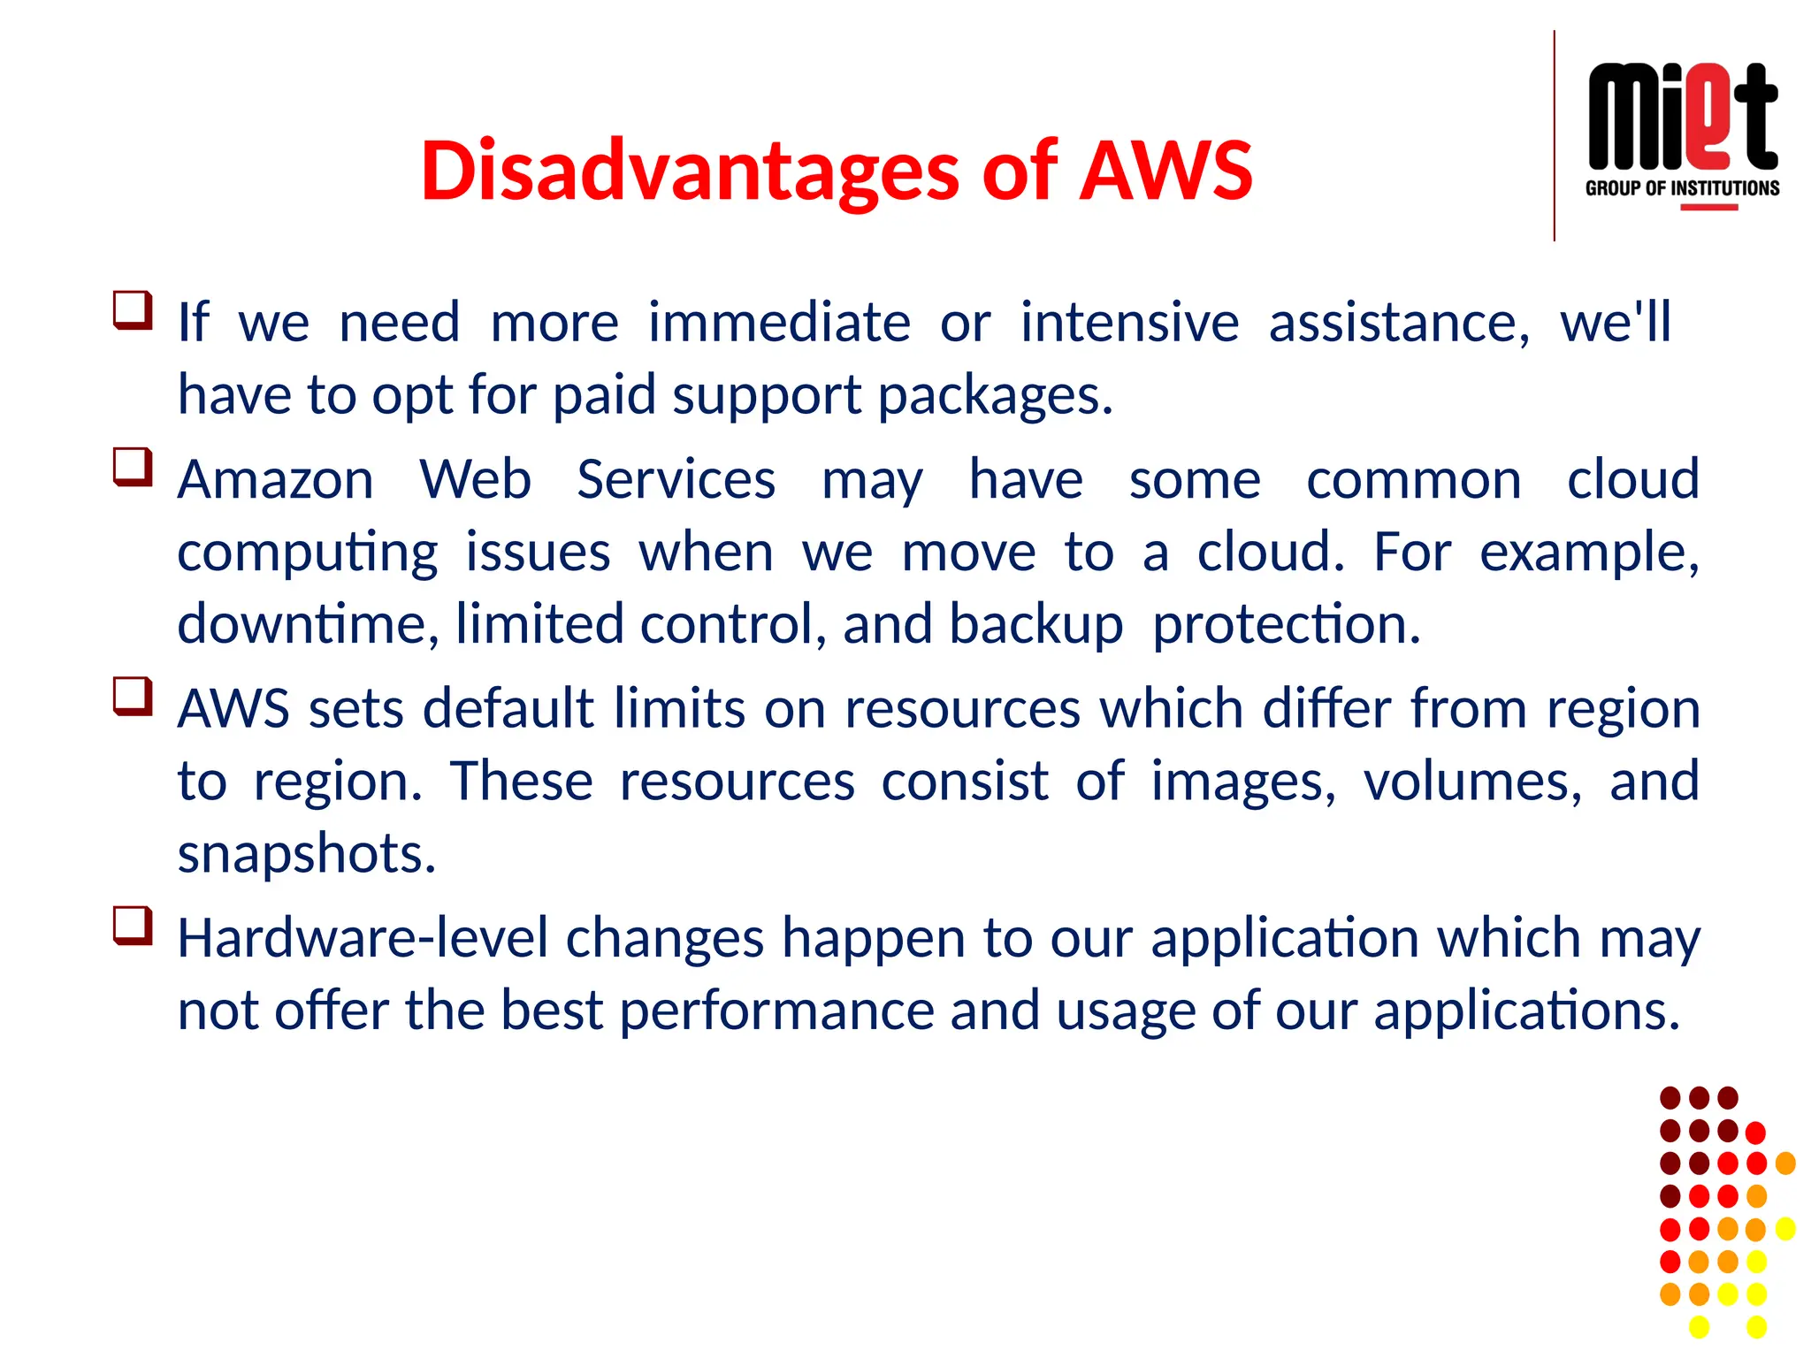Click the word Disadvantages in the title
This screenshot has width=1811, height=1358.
(690, 171)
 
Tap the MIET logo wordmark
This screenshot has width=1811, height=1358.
(1682, 118)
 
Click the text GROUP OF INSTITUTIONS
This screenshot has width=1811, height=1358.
(1682, 188)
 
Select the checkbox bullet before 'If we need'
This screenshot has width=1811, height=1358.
(133, 310)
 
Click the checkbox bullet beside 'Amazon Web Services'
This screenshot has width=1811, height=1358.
(133, 468)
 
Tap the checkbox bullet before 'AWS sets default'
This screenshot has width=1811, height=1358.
(133, 697)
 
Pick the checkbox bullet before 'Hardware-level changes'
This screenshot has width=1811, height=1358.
(133, 926)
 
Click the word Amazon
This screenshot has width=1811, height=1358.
(276, 480)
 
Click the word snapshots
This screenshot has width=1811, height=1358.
(307, 854)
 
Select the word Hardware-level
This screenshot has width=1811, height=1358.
(363, 938)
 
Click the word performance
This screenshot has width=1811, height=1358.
(776, 1011)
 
